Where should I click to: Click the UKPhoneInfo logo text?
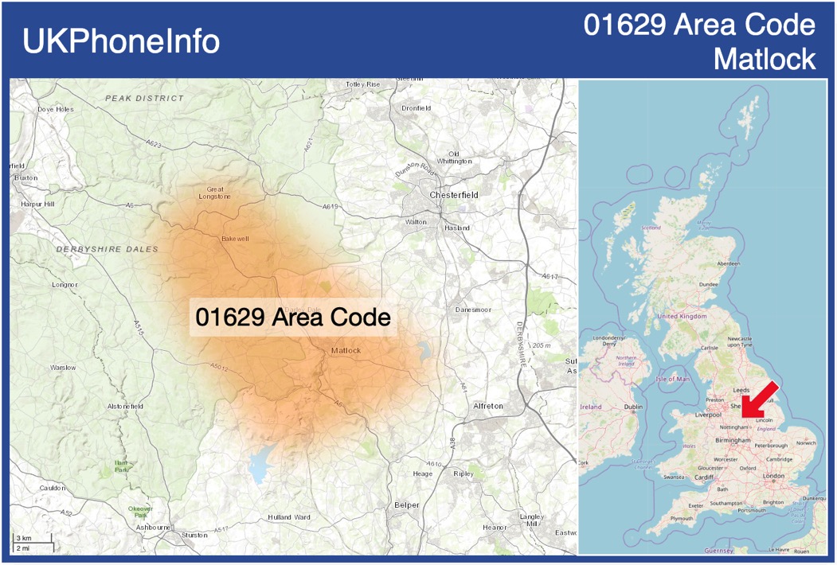[x=121, y=41]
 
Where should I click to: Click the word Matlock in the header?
[x=765, y=59]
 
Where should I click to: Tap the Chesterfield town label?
[x=453, y=195]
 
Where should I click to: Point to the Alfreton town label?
[x=488, y=406]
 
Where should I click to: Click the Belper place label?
[x=406, y=505]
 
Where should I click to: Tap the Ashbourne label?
[x=153, y=527]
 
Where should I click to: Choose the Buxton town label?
[x=25, y=178]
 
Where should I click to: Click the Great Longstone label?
[x=215, y=192]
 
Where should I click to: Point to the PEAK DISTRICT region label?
[x=144, y=99]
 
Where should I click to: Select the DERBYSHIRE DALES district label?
[x=108, y=250]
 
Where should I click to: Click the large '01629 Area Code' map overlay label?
[x=293, y=318]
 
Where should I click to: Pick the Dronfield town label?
[x=416, y=108]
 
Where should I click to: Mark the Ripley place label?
[x=463, y=474]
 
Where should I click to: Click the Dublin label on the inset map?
[x=634, y=407]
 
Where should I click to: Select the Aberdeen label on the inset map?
[x=728, y=263]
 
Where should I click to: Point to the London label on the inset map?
[x=773, y=476]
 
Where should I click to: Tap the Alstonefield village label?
[x=125, y=407]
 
